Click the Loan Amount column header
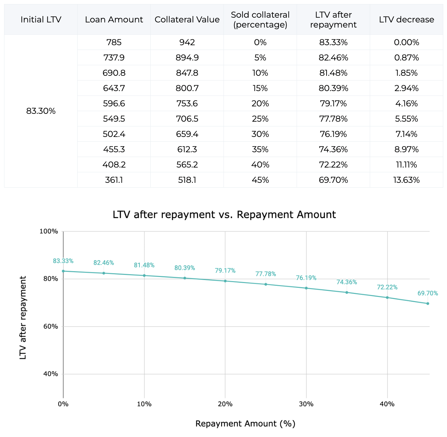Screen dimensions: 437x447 (x=114, y=20)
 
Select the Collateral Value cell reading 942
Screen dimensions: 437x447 (x=187, y=42)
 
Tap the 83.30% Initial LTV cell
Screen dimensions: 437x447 (x=41, y=111)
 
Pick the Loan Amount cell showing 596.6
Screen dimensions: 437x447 (x=114, y=104)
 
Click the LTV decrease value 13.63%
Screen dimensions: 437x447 (x=407, y=180)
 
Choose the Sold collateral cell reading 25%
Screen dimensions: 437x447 (x=260, y=119)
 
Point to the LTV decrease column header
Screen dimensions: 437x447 (x=407, y=20)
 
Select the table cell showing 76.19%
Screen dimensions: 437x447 (x=333, y=134)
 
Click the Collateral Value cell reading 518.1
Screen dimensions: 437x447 (x=187, y=180)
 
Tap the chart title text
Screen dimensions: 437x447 (x=224, y=215)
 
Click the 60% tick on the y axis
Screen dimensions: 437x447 (x=49, y=327)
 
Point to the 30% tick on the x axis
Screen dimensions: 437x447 (x=306, y=404)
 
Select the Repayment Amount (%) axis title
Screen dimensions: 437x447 (x=245, y=424)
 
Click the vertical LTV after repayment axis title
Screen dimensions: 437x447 (x=23, y=318)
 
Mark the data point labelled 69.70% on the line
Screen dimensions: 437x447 (x=428, y=303)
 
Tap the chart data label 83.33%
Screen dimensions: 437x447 (x=63, y=261)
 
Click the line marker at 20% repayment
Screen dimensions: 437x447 (x=225, y=281)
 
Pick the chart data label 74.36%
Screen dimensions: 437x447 (x=347, y=282)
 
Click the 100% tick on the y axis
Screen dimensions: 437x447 (x=49, y=231)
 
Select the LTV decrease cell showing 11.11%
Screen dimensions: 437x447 (x=407, y=165)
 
